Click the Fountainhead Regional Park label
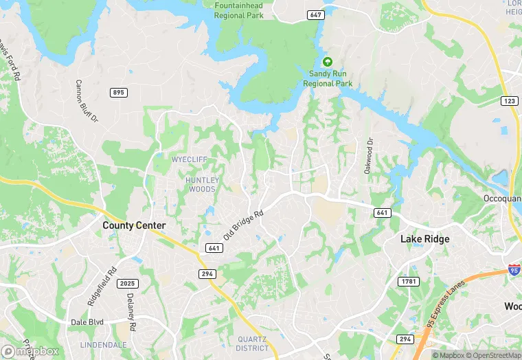coord(240,10)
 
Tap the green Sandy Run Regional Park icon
coord(328,61)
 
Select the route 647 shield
coord(316,14)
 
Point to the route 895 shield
coord(117,93)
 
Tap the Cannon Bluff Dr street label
coord(87,102)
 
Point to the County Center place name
coord(134,225)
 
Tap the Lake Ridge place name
coord(425,239)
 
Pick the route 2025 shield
coord(128,284)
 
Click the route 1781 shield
coord(408,282)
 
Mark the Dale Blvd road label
coord(87,322)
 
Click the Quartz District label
coord(253,344)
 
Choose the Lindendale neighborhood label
coord(104,344)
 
